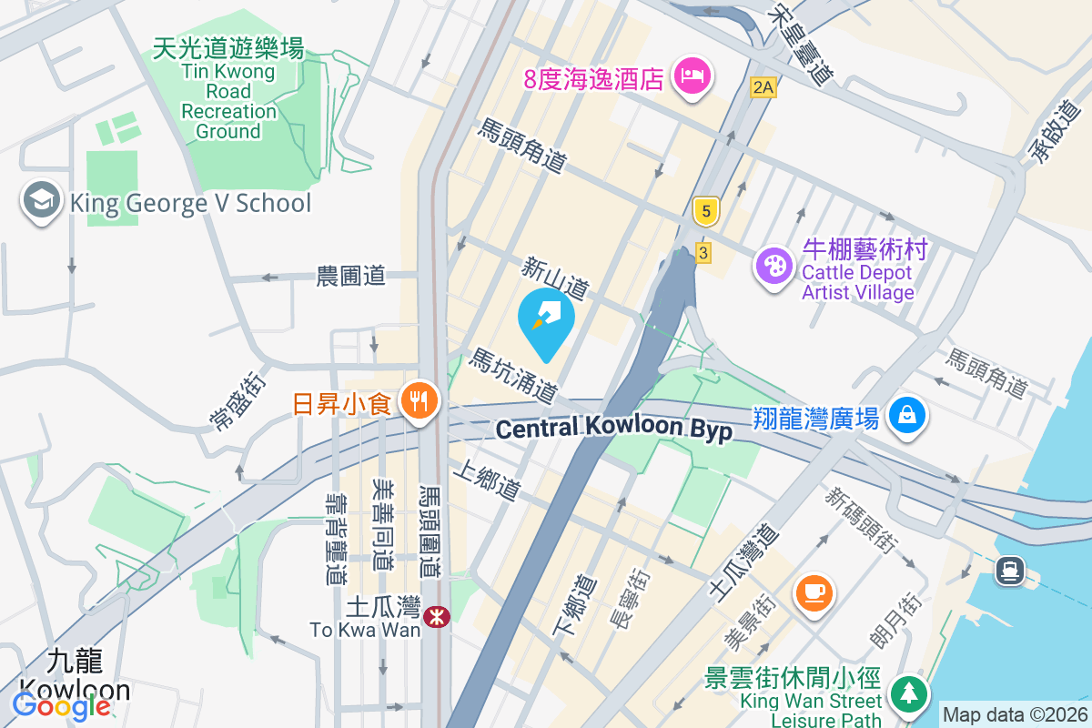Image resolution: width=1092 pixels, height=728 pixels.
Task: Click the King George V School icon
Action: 42,202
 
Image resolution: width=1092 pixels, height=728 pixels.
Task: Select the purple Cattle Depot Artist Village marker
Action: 774,266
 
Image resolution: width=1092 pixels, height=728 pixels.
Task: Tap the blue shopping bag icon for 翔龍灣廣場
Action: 907,416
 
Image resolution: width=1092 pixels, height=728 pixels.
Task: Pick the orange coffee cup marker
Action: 814,592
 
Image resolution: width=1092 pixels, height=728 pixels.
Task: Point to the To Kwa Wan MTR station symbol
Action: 437,616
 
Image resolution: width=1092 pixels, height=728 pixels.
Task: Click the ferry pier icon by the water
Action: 1010,571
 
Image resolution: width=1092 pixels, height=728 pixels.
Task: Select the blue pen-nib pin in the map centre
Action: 546,319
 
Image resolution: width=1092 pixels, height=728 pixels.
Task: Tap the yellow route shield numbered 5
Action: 705,212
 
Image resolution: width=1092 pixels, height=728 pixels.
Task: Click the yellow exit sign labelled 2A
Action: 763,87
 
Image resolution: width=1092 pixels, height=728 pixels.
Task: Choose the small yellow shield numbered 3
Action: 702,253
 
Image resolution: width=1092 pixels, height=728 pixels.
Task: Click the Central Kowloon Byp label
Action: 615,429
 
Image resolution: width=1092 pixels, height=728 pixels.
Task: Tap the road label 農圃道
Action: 351,275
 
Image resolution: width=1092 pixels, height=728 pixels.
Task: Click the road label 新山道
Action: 554,277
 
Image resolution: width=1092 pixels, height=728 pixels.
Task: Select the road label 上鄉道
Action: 492,480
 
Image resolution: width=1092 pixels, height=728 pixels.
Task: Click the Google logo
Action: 62,705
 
